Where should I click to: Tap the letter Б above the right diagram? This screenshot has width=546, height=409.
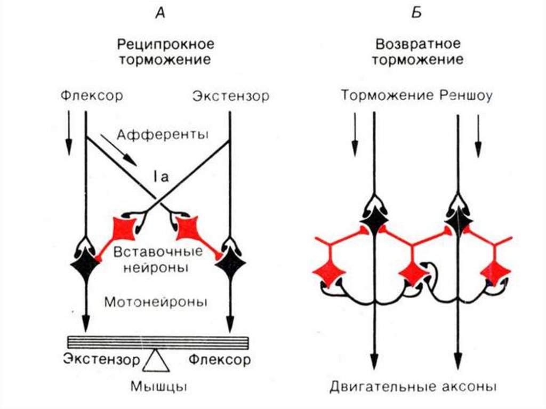416,13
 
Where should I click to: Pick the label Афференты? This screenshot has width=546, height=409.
162,134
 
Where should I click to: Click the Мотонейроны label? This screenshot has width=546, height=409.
155,301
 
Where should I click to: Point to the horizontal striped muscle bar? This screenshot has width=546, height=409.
158,342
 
